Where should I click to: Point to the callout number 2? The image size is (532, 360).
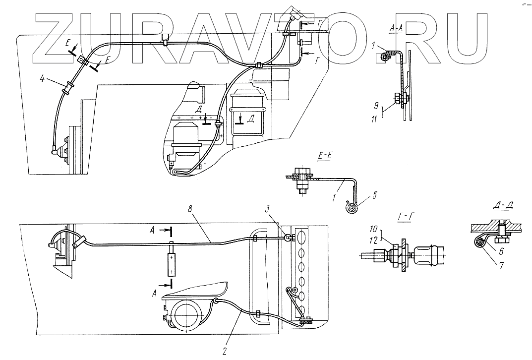[225, 352]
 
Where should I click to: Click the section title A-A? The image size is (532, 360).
[396, 30]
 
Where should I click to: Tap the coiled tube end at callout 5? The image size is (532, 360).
[351, 208]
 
